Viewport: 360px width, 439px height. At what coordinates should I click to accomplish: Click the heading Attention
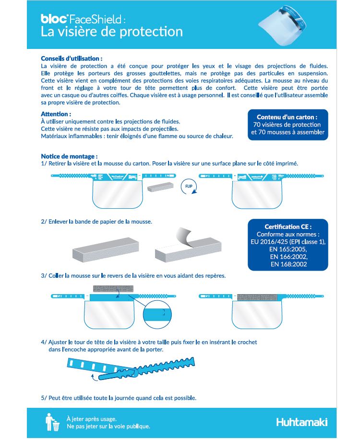(56, 114)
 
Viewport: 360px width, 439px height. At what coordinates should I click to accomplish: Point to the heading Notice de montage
(70, 156)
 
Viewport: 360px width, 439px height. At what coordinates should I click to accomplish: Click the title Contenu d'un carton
(287, 117)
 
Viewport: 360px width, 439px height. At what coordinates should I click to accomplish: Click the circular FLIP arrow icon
(188, 187)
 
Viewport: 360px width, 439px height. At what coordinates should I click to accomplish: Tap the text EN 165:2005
(288, 249)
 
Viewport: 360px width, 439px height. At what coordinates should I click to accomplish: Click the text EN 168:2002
(288, 264)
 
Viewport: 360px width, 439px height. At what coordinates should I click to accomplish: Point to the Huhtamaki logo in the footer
(302, 422)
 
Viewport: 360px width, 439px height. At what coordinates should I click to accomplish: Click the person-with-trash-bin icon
(52, 422)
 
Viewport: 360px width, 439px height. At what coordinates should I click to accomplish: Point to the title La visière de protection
(112, 32)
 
